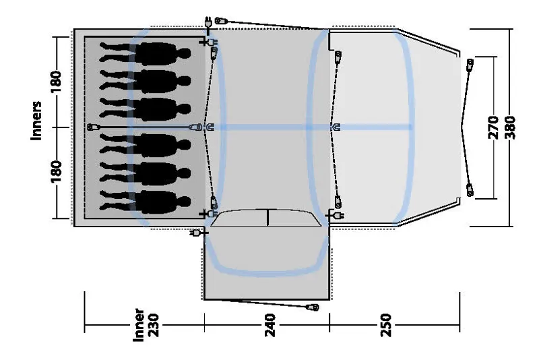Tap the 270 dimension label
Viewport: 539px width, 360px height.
pos(493,126)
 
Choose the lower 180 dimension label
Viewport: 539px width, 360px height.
pos(56,171)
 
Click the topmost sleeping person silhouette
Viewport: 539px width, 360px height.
pos(145,52)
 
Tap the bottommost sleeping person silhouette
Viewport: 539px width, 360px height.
pos(145,200)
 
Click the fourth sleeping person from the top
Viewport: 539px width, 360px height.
pos(145,144)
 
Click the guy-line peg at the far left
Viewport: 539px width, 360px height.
pos(93,127)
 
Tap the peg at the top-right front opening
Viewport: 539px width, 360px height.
pos(470,65)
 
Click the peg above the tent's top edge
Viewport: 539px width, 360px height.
pos(218,21)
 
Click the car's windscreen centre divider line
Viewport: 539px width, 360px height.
pos(267,218)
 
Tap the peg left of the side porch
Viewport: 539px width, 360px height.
pos(196,233)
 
